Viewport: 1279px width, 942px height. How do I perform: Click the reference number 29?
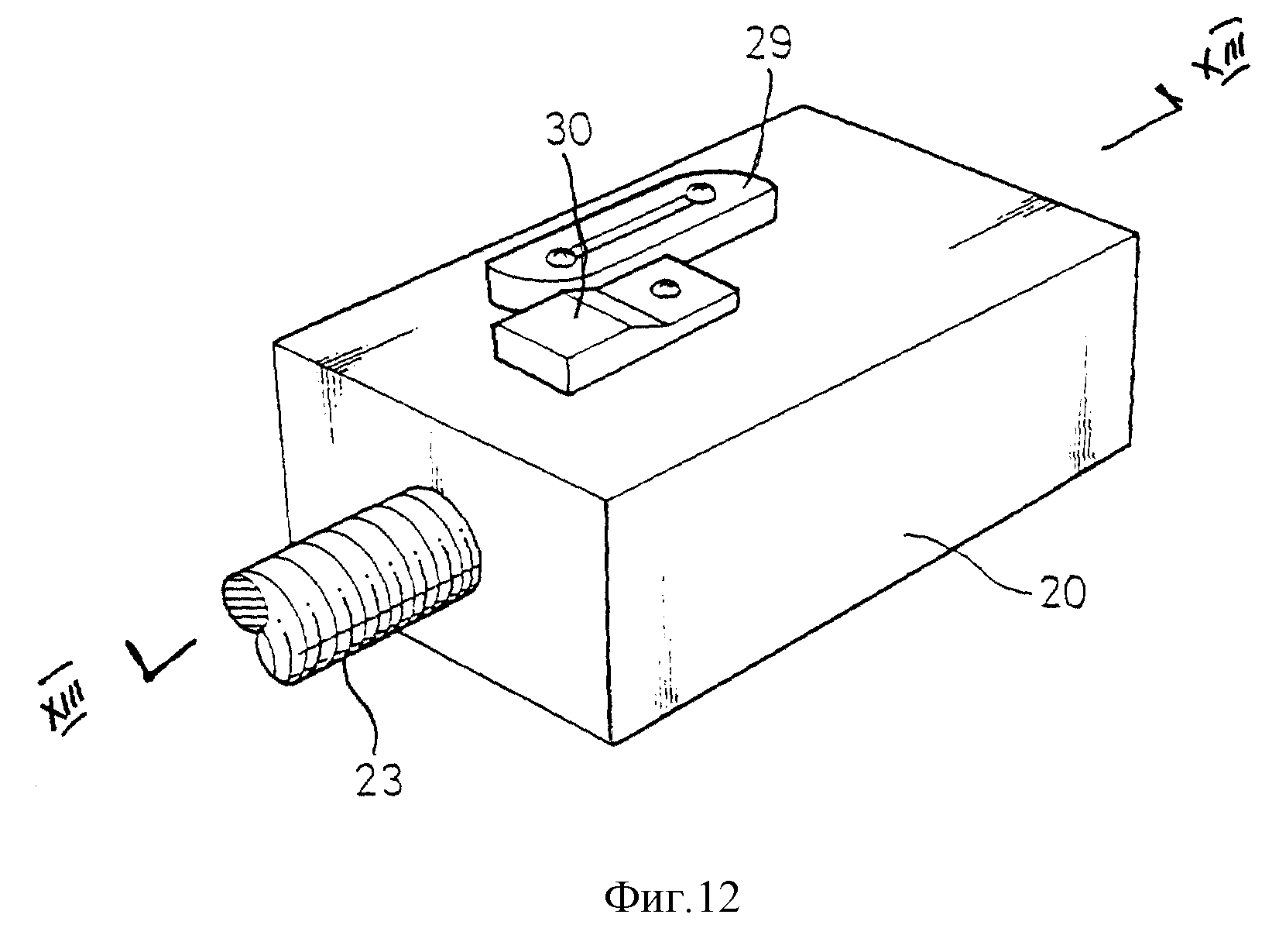coord(768,46)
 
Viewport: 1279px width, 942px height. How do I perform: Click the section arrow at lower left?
coord(162,660)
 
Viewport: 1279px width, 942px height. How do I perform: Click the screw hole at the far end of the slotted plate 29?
coord(700,193)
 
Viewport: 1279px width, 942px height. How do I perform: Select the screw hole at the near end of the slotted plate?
coord(561,257)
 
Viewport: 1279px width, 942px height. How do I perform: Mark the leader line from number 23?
coord(365,708)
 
